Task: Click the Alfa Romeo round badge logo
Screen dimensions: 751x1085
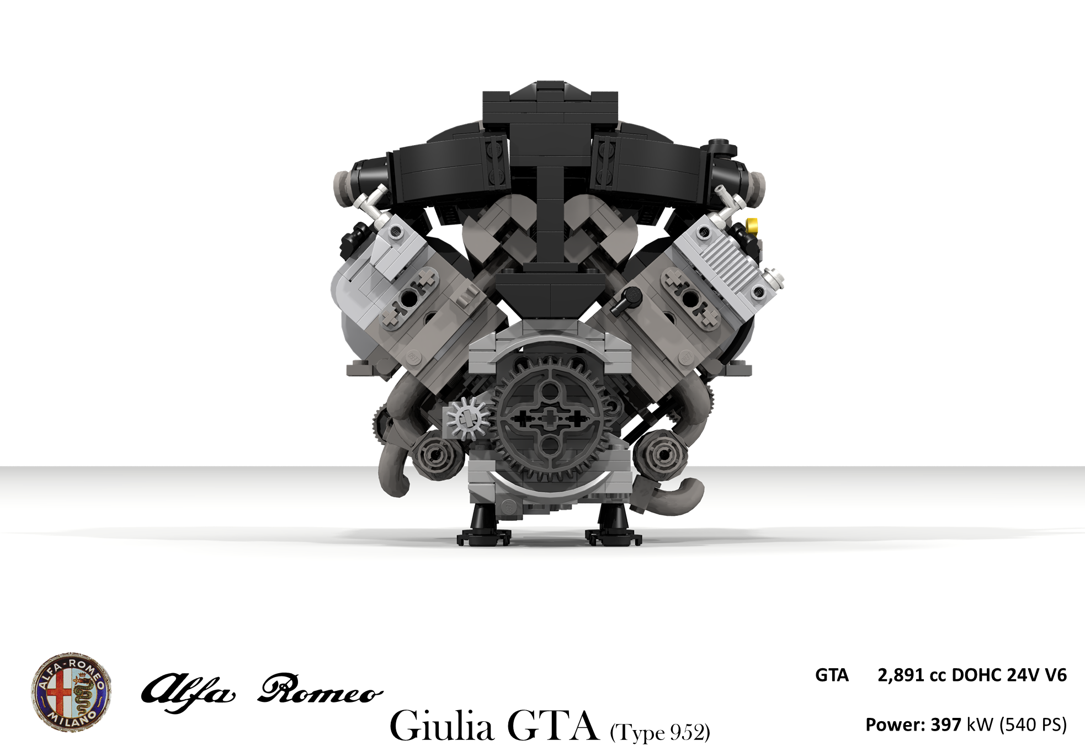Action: click(72, 692)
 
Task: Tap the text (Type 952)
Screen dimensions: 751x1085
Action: click(659, 733)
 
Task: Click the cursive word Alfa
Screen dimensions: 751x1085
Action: click(188, 692)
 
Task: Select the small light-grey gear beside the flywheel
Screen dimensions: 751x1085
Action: click(467, 419)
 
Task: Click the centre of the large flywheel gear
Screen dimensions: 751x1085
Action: click(549, 419)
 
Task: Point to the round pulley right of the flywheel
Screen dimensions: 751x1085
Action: click(660, 456)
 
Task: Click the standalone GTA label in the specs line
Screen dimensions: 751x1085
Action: click(832, 675)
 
